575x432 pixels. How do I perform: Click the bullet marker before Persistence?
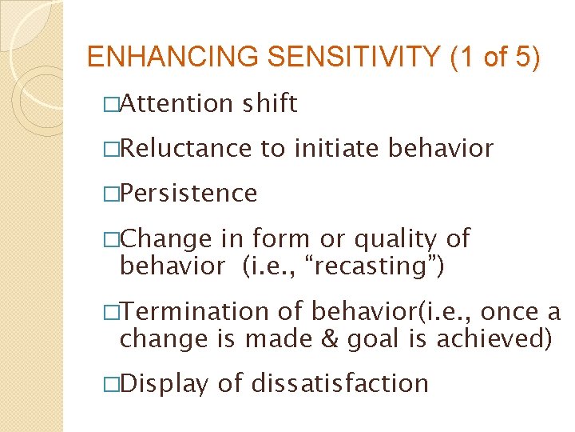tap(112, 194)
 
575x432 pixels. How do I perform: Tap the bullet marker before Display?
tap(112, 384)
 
